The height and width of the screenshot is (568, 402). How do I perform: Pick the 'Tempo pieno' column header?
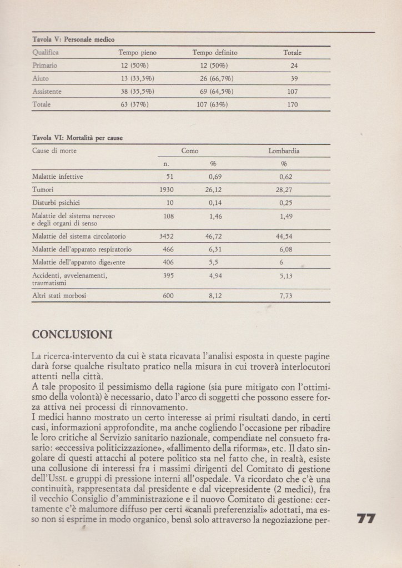pyautogui.click(x=138, y=53)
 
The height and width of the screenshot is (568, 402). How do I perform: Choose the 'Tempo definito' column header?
pyautogui.click(x=214, y=53)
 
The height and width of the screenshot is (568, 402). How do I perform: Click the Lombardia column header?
pyautogui.click(x=285, y=150)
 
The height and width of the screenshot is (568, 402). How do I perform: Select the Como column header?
pyautogui.click(x=190, y=150)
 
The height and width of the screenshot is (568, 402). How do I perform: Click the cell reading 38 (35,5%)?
pyautogui.click(x=138, y=91)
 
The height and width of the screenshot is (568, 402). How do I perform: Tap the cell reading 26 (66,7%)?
pyautogui.click(x=214, y=78)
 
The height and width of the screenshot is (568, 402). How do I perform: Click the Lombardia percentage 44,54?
pyautogui.click(x=285, y=236)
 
